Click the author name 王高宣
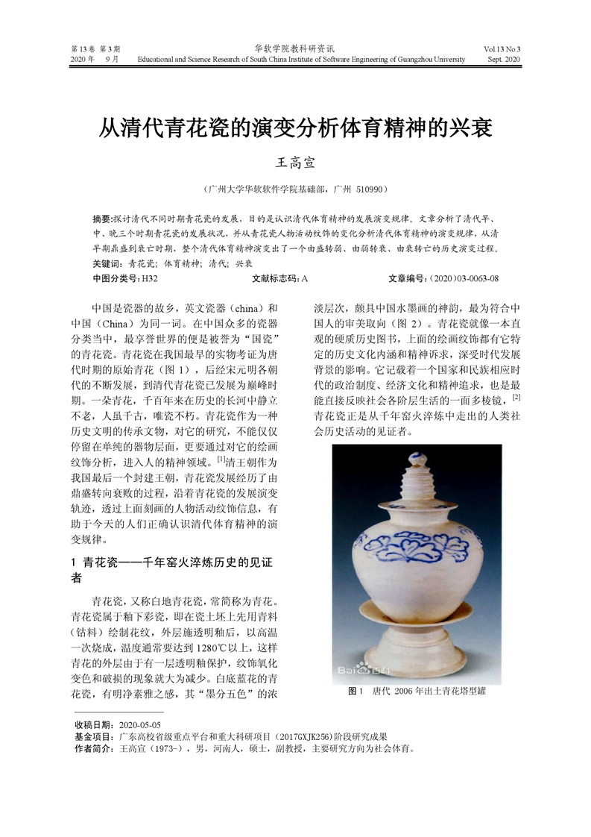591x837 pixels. [296, 161]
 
